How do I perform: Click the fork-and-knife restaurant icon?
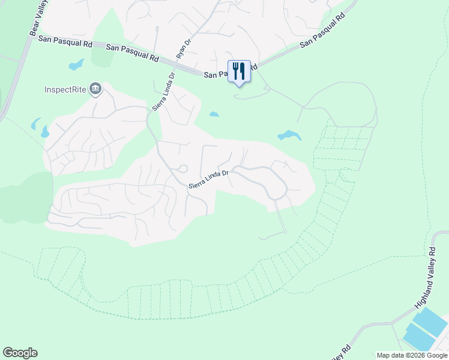click(x=239, y=71)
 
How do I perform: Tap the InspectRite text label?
click(x=65, y=91)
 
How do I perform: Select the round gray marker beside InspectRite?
click(x=95, y=90)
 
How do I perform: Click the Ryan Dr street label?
click(x=182, y=47)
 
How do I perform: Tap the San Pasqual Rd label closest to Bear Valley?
click(x=65, y=41)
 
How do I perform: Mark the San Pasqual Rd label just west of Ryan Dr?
click(x=132, y=53)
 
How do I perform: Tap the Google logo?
click(x=20, y=353)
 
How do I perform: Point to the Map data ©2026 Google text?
click(x=412, y=355)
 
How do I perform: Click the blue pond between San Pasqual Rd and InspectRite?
click(x=77, y=64)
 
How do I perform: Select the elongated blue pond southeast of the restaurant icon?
click(x=289, y=136)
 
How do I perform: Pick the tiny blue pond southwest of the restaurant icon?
click(x=214, y=114)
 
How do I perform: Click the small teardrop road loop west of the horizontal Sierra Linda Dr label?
click(x=182, y=169)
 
